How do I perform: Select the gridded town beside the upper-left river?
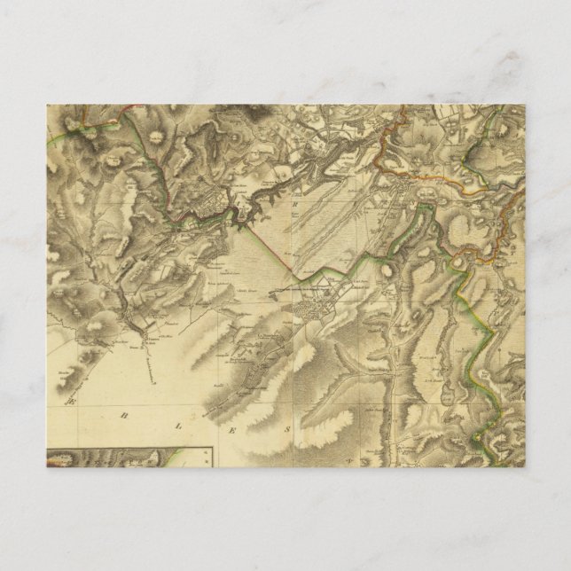(210, 199)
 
